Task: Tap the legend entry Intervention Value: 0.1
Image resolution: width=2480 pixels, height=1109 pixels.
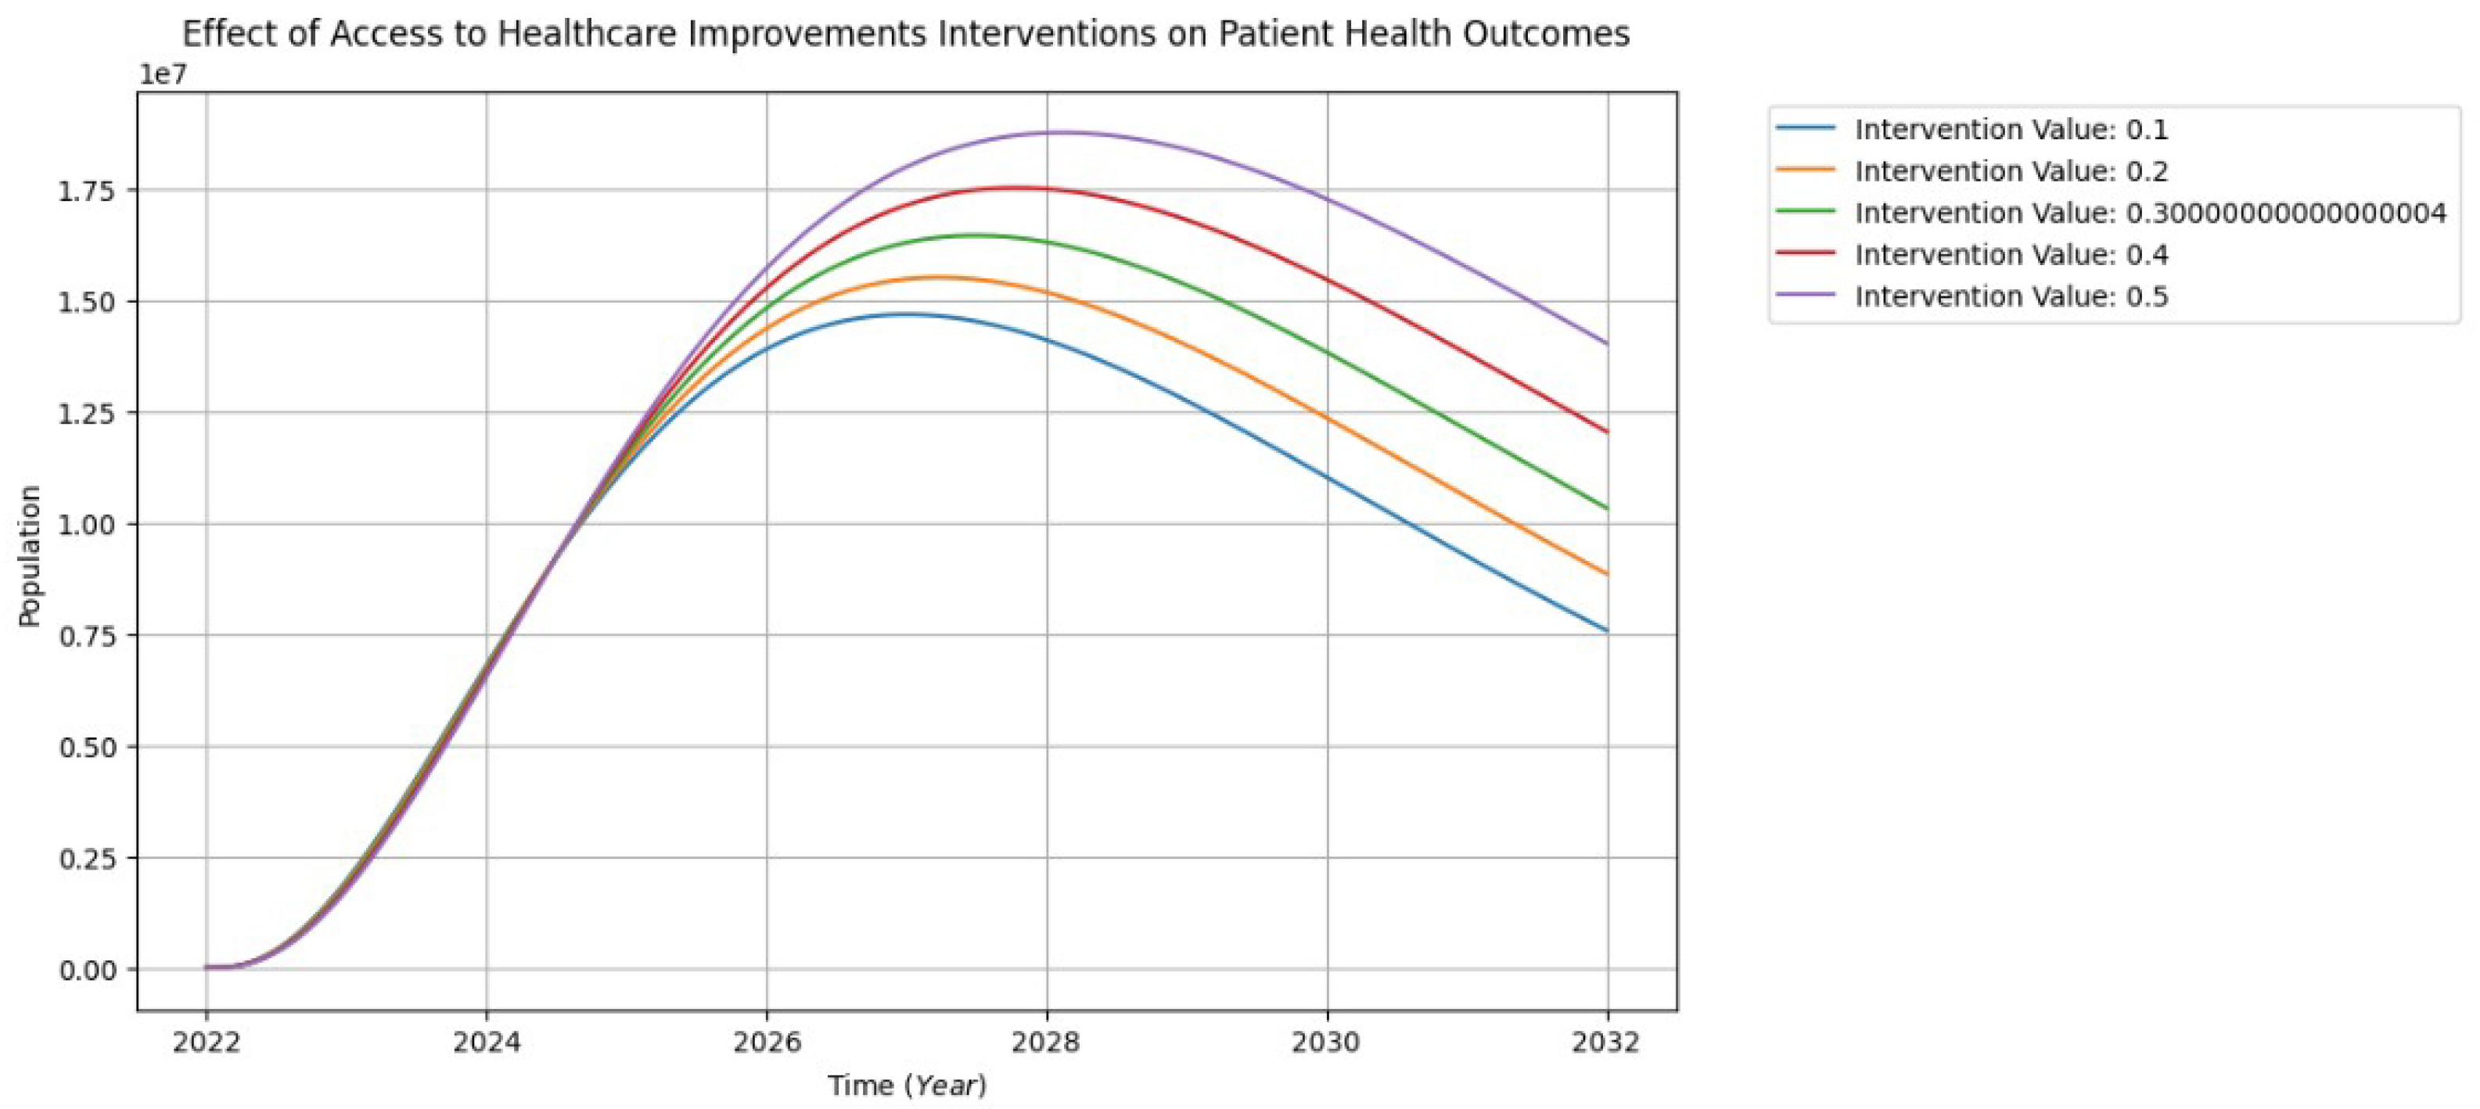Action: (2010, 129)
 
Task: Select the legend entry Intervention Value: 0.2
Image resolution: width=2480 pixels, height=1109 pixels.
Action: (2010, 171)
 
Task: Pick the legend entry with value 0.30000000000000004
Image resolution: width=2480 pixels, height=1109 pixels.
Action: (2149, 213)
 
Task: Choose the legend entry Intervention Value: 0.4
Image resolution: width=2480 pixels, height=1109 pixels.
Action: (2010, 254)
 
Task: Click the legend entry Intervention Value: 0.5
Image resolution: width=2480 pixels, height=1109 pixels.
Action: (2010, 296)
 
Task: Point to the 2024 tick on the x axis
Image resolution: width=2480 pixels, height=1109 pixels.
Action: (486, 1042)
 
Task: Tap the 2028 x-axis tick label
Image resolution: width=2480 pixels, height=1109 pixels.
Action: (1048, 1042)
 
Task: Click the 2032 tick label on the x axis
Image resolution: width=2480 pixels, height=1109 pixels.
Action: (1606, 1042)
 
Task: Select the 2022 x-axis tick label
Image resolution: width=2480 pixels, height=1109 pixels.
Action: (206, 1042)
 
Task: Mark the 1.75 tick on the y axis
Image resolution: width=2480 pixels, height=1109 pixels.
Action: (87, 191)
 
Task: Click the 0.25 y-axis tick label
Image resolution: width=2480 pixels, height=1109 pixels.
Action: (87, 858)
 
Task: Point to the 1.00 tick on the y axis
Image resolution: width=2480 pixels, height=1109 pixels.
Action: (87, 525)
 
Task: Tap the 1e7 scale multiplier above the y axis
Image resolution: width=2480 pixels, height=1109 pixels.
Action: (163, 75)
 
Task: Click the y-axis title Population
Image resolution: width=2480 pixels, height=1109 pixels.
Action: (30, 556)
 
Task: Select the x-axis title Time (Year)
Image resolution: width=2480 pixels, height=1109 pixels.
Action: (907, 1086)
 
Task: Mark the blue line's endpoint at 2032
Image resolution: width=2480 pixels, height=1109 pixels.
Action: (1606, 630)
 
